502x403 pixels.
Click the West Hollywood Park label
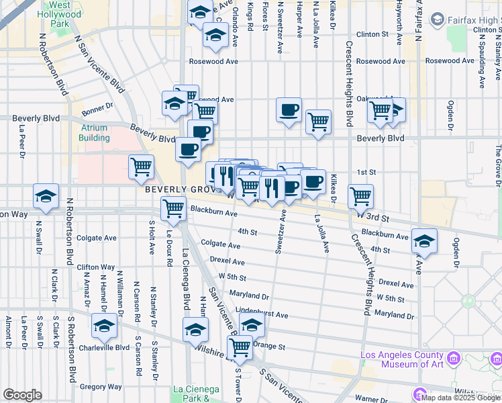(x=59, y=13)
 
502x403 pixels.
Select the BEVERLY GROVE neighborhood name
(x=177, y=191)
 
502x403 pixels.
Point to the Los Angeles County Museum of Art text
(x=402, y=360)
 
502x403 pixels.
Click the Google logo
(x=22, y=395)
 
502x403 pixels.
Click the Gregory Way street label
(x=101, y=387)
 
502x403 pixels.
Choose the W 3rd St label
(x=372, y=218)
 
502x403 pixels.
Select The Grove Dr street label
(x=498, y=165)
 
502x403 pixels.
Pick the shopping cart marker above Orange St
(x=240, y=347)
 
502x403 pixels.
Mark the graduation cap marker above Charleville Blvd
(x=104, y=326)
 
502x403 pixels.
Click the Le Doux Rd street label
(x=170, y=251)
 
